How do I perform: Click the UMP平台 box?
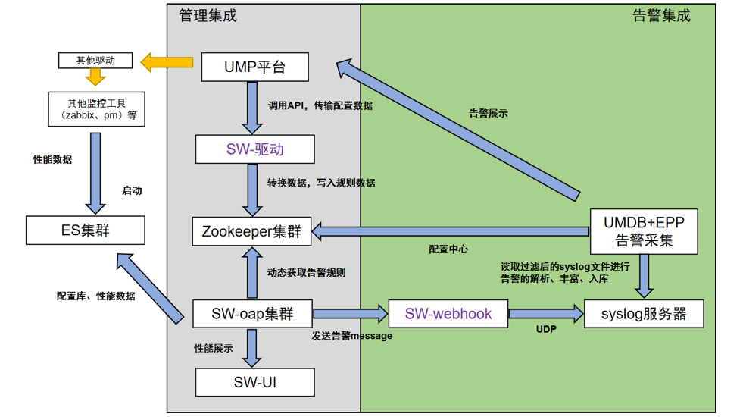click(x=254, y=67)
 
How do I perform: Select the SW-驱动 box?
click(x=254, y=149)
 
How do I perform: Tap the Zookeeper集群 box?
click(x=251, y=231)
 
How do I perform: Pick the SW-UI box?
click(x=254, y=381)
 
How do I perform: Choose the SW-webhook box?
click(x=448, y=314)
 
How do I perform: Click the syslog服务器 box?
click(x=644, y=314)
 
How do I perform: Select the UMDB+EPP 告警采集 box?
click(x=644, y=232)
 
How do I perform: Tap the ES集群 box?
click(x=85, y=230)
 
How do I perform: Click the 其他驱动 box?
click(x=95, y=60)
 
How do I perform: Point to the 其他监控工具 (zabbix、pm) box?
click(x=95, y=108)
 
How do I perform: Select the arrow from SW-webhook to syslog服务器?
click(x=545, y=313)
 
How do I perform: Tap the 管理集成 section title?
click(x=208, y=15)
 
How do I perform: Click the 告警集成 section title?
click(x=661, y=15)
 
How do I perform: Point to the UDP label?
click(x=546, y=330)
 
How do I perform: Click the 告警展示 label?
click(x=489, y=114)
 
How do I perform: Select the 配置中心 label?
click(x=448, y=249)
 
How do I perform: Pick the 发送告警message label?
click(x=352, y=335)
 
